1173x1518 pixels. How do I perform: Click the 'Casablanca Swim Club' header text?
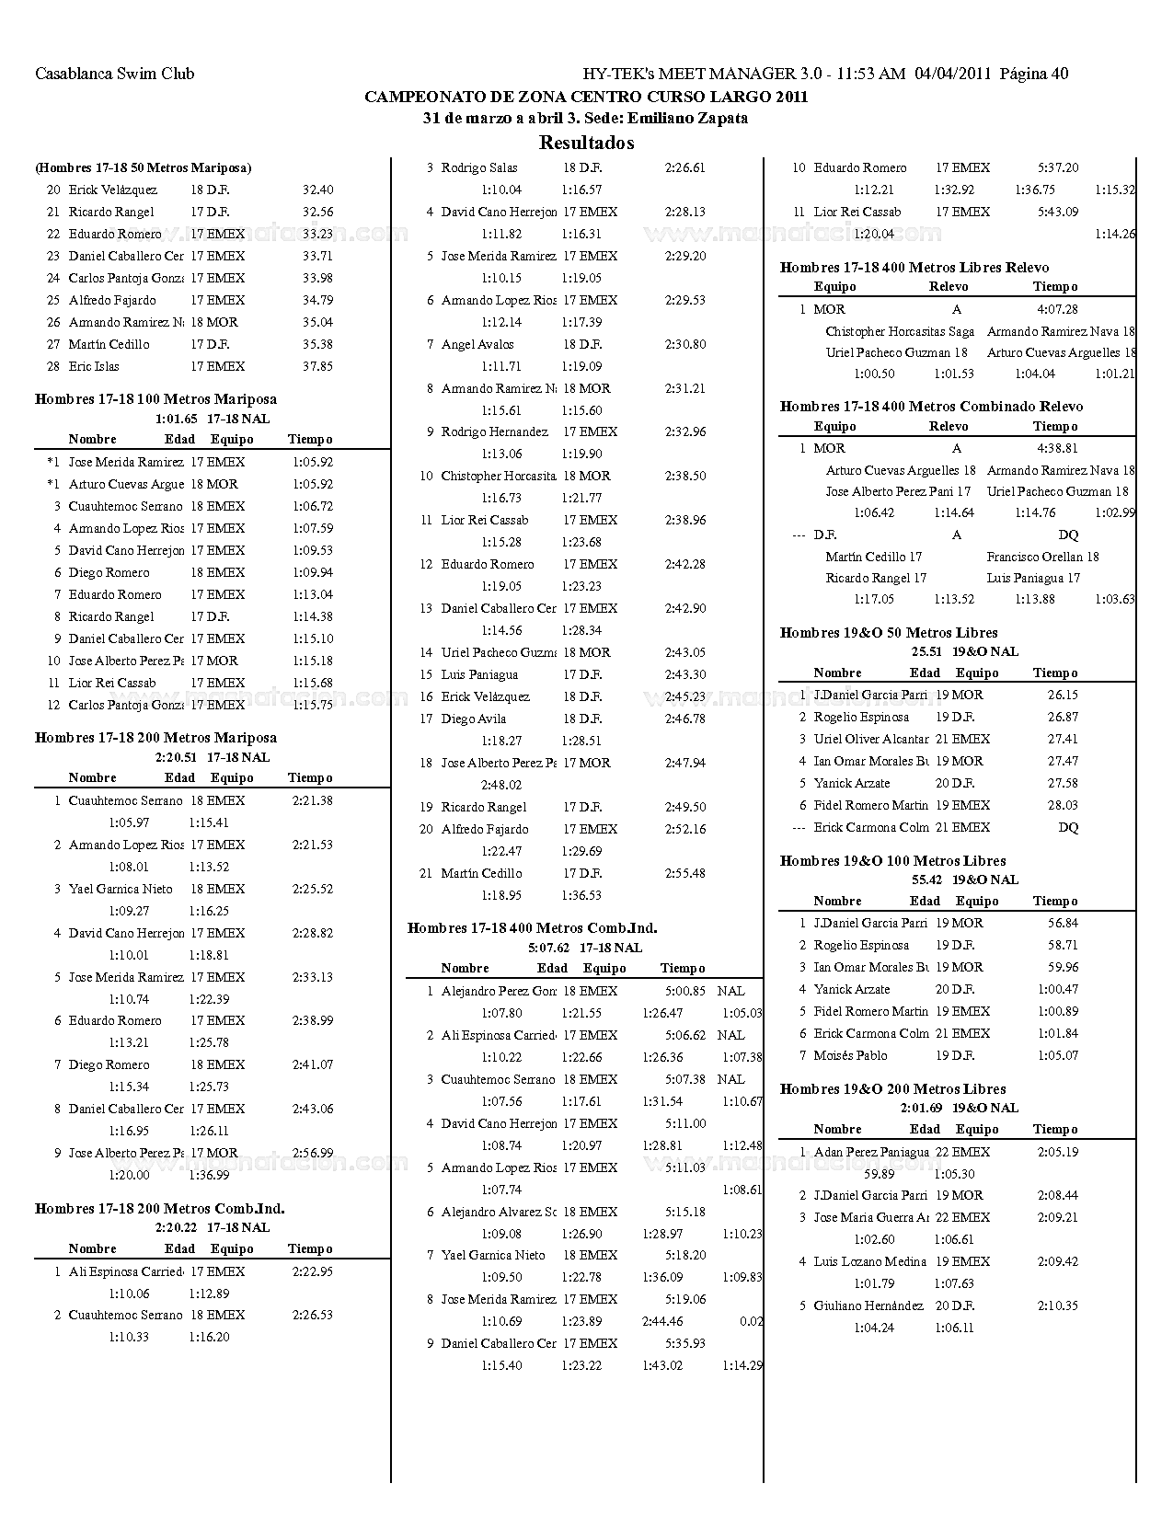point(115,74)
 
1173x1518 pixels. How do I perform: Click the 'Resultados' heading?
point(586,143)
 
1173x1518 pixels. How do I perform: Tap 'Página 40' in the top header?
point(1033,74)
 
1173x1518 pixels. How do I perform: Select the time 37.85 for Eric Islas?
point(317,366)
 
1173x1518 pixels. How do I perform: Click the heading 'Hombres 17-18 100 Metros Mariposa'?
point(155,399)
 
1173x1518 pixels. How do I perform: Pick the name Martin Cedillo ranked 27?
point(109,344)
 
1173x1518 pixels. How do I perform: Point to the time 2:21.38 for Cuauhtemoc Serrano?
point(313,800)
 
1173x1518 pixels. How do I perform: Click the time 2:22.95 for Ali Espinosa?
point(313,1271)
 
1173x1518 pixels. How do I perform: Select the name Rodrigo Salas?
point(479,167)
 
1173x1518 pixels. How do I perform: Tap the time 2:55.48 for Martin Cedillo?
point(685,873)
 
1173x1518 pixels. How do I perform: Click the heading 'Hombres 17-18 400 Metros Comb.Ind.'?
point(532,928)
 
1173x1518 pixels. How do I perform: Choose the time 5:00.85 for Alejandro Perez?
point(685,991)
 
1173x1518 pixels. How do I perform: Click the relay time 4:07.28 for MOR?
point(1057,309)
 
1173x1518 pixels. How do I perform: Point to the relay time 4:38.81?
point(1057,448)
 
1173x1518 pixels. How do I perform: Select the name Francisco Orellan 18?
point(1042,557)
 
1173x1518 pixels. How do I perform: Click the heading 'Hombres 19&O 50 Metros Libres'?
point(889,633)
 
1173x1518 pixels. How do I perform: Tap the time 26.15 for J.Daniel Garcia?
point(1063,695)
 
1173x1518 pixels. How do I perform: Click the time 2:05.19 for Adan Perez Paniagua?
point(1057,1152)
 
